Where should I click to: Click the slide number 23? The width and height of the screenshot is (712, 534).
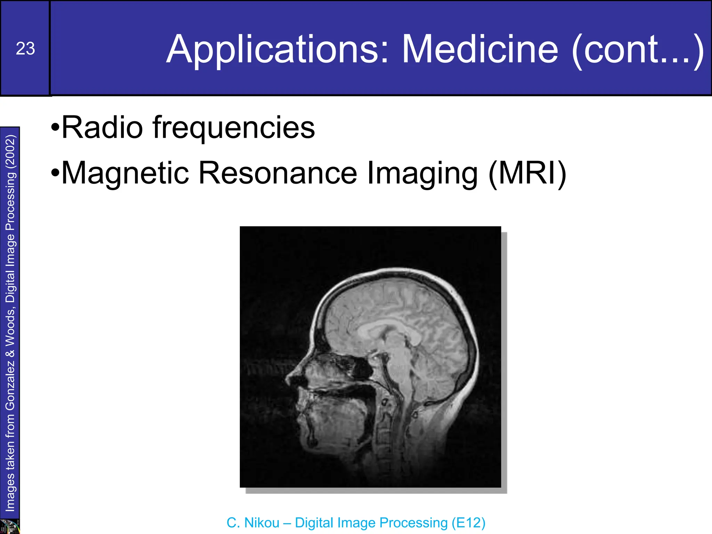point(25,49)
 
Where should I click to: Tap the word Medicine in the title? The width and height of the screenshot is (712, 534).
point(480,50)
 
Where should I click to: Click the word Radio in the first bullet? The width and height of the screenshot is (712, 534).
point(102,128)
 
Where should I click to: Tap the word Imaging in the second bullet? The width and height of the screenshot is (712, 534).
point(422,174)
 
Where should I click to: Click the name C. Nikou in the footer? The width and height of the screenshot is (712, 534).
point(253,523)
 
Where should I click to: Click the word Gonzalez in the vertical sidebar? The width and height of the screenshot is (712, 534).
point(10,385)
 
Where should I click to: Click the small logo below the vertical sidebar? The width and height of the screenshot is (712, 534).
point(10,526)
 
